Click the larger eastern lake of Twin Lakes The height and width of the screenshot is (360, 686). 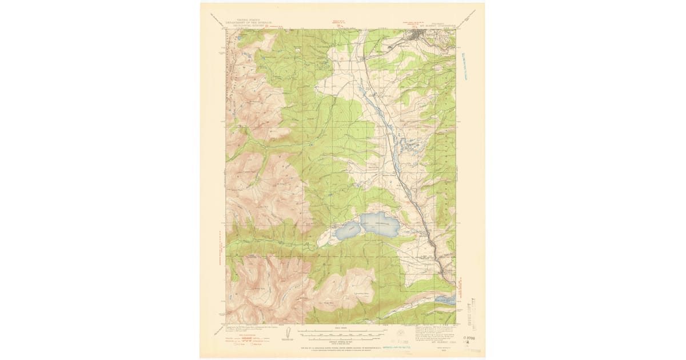click(380, 224)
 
